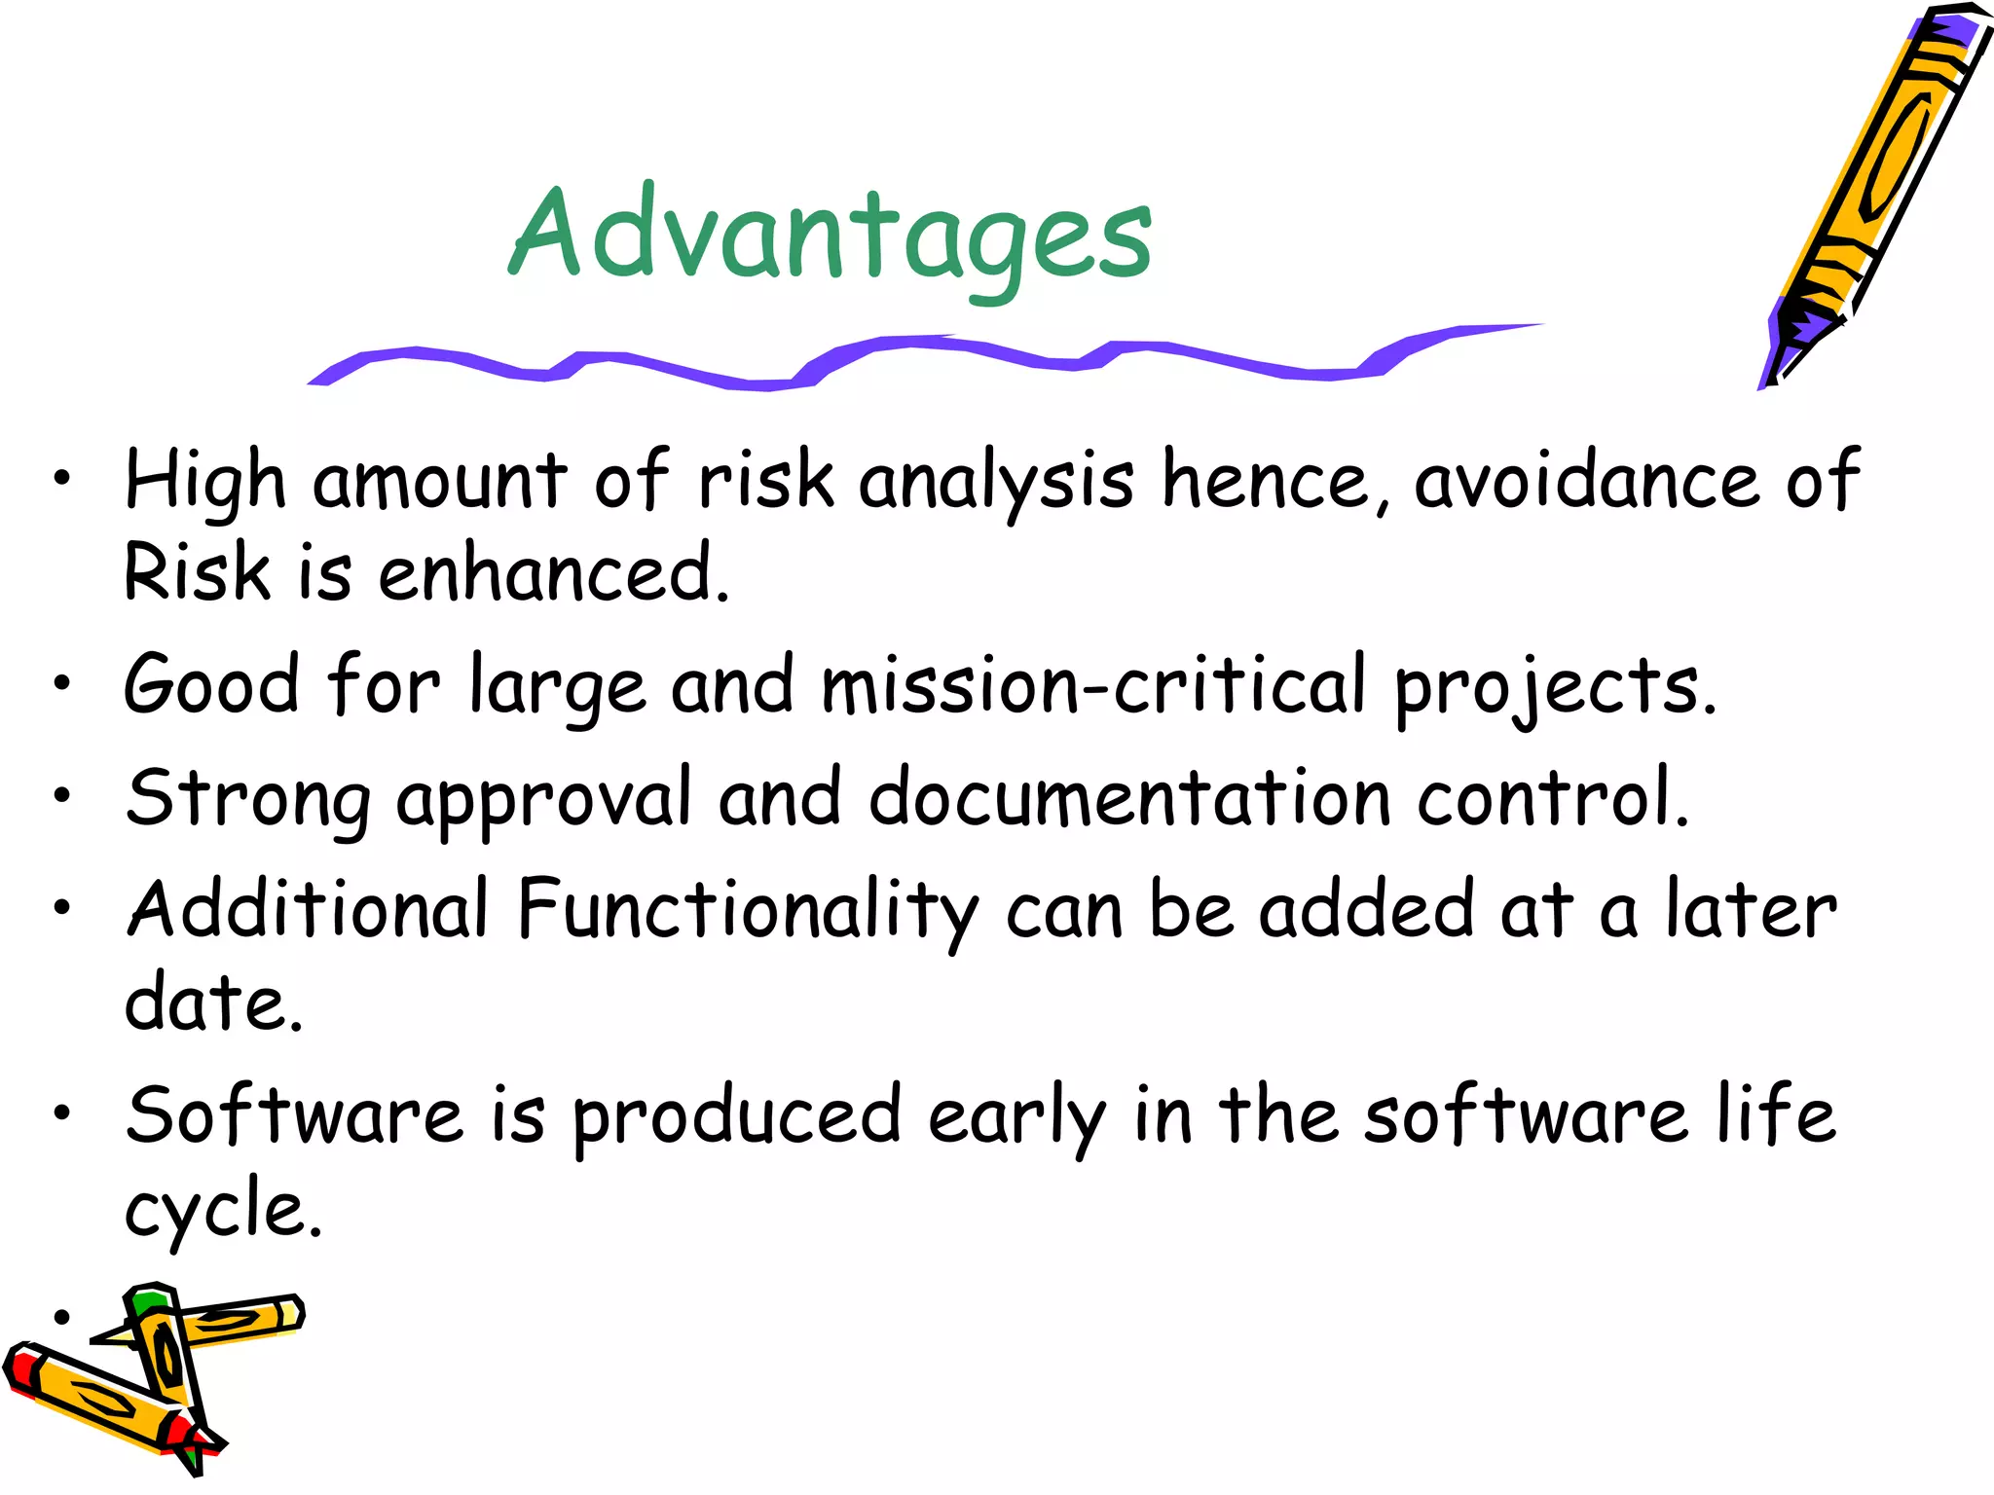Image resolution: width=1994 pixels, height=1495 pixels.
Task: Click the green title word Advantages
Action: coord(831,236)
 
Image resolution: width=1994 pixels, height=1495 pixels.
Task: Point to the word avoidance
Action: coord(1587,480)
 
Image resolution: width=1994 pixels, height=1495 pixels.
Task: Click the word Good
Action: coord(211,684)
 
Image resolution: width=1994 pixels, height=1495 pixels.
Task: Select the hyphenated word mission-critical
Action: coord(1093,684)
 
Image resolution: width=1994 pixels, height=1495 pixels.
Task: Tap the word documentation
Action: coord(1129,797)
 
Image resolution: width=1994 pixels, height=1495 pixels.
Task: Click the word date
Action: coord(213,1002)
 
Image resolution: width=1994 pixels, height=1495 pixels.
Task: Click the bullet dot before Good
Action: coord(62,684)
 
